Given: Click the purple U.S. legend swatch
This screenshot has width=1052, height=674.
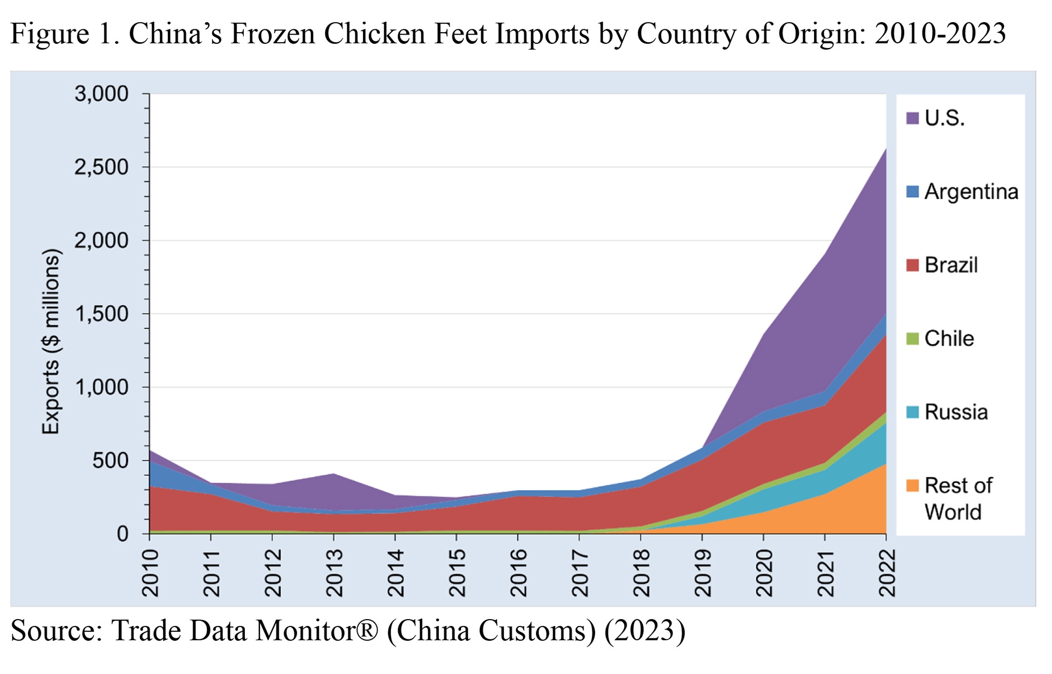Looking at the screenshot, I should tap(912, 118).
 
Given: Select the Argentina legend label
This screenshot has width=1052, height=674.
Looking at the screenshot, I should tap(971, 192).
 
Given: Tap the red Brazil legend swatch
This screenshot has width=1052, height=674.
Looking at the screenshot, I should tap(912, 265).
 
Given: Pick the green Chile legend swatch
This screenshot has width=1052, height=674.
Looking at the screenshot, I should tap(912, 338).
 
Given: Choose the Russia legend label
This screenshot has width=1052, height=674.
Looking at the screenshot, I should tap(956, 412).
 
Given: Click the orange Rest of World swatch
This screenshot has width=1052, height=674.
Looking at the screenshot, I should tap(912, 485).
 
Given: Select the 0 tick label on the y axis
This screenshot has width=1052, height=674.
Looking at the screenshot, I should tap(122, 534).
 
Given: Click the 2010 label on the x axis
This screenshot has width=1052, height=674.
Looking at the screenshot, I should tap(151, 572).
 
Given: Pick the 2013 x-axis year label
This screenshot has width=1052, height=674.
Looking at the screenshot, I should tap(334, 572).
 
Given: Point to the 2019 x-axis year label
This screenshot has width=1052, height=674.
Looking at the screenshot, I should tap(703, 572).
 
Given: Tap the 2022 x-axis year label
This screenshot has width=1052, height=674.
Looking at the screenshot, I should tap(887, 572).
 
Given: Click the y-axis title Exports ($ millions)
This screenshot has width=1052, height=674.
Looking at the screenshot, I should tap(51, 342).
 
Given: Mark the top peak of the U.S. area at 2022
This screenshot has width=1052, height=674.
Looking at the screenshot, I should tap(885, 150).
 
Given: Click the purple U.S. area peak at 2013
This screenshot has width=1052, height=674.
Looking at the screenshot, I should tap(334, 474).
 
